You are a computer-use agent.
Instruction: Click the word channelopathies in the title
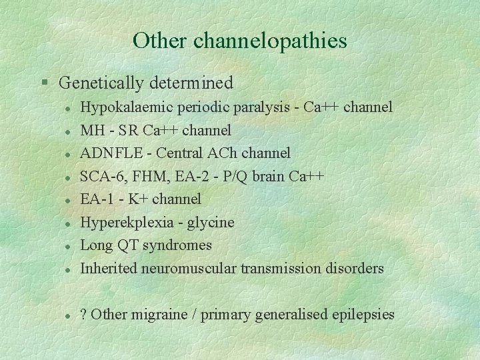[x=270, y=41]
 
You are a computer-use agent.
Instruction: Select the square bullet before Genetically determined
[x=45, y=83]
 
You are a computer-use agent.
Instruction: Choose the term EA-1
[x=97, y=199]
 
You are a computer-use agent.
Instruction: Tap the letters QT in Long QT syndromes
[x=127, y=245]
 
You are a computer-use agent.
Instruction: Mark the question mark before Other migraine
[x=83, y=315]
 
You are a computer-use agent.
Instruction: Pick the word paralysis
[x=260, y=107]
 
